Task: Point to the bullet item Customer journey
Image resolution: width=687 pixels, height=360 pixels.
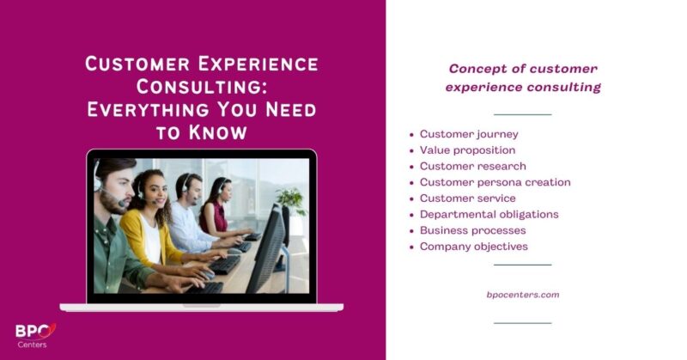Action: tap(468, 134)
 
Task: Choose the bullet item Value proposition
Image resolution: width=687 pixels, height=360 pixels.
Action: tap(467, 150)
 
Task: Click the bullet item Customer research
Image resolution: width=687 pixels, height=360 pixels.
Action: tap(472, 166)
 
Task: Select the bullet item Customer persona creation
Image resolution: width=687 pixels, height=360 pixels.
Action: tap(495, 182)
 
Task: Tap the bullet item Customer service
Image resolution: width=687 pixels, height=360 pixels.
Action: tap(467, 198)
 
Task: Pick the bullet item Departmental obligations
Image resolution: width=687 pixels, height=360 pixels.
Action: tap(489, 214)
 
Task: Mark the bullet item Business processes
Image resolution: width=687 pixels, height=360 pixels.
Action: tap(472, 230)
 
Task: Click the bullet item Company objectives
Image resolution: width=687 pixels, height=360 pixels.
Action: tap(473, 247)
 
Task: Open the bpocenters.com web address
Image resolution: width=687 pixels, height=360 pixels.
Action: tap(523, 295)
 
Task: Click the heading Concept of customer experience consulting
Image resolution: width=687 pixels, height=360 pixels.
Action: tap(523, 77)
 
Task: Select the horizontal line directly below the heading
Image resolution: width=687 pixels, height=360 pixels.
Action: tap(523, 113)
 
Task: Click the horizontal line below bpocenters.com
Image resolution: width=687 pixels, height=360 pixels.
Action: tap(523, 322)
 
